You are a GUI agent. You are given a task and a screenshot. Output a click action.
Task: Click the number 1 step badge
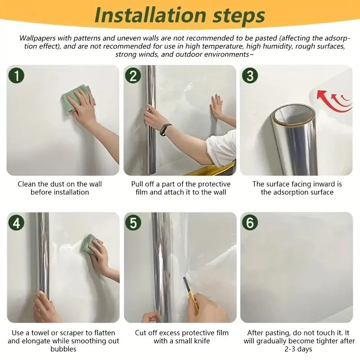pos(16,76)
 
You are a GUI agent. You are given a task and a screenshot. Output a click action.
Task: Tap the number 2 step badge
pos(133,76)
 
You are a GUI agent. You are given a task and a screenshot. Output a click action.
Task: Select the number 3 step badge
pos(250,76)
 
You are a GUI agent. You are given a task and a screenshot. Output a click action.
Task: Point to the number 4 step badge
pos(16,222)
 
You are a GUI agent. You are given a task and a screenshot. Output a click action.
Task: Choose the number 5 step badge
pos(133,222)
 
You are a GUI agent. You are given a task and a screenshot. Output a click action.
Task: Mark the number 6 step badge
pos(250,222)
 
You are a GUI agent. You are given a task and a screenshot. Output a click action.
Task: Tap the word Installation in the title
pos(150,15)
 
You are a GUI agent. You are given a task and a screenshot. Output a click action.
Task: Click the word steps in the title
pos(239,16)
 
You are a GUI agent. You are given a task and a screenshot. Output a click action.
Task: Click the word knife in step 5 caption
pos(201,341)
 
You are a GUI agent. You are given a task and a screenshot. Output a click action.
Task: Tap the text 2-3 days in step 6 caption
pos(298,349)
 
